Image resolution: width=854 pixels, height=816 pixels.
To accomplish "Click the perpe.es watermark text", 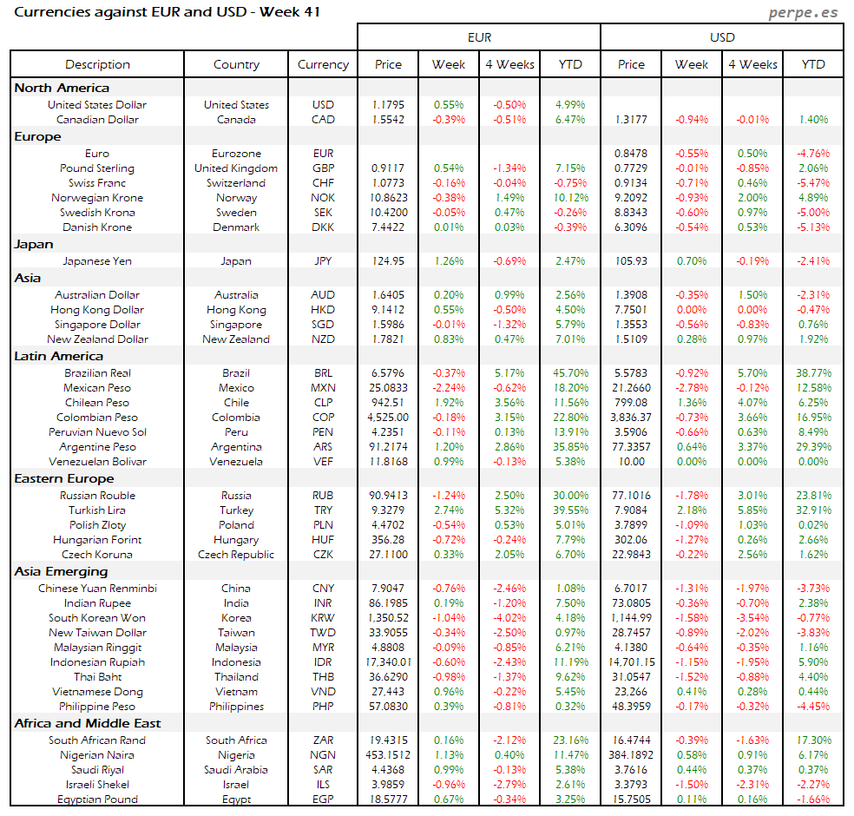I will [x=805, y=14].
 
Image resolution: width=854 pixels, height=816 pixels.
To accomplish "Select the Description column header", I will [x=97, y=64].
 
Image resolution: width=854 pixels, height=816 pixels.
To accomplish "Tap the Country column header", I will [x=236, y=64].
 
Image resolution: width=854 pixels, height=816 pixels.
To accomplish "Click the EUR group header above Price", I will [x=479, y=37].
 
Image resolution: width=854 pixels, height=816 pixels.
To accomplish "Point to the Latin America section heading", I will [x=58, y=356].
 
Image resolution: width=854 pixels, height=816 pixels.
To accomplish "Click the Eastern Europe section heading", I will [x=63, y=478].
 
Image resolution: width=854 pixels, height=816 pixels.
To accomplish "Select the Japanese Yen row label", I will [x=97, y=260].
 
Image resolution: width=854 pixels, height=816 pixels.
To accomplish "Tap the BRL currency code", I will [x=323, y=372].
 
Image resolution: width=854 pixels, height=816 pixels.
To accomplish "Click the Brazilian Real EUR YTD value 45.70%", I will [x=570, y=372].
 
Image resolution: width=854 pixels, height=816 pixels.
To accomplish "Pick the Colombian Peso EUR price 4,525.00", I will [x=388, y=417].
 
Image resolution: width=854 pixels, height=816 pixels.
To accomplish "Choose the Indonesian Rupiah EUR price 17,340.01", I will [x=388, y=662].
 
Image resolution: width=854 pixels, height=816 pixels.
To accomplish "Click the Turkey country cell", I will [x=236, y=510].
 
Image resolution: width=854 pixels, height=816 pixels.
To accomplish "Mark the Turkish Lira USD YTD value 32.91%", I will [x=813, y=510].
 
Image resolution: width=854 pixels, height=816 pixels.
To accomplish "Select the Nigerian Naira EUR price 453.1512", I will [x=388, y=755].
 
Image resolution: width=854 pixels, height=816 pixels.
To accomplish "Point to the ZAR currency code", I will [x=323, y=740].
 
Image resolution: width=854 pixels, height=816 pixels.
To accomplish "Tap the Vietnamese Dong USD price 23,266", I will [x=631, y=692].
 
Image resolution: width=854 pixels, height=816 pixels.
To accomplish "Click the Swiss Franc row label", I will [x=97, y=183].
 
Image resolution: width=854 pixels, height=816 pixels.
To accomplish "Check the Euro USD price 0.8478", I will [x=631, y=154].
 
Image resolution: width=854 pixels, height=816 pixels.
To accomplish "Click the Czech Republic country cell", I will [x=236, y=555].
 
